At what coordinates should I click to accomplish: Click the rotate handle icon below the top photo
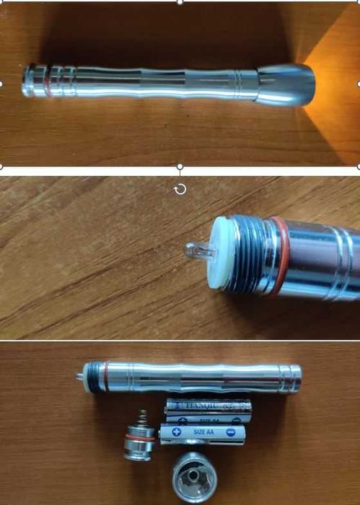click(180, 189)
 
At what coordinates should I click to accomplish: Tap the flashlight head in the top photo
click(286, 84)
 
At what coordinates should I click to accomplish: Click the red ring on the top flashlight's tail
click(48, 82)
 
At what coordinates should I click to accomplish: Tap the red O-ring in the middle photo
click(280, 256)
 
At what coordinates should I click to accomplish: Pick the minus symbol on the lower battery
click(230, 433)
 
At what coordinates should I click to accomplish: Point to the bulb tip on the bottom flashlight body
click(78, 375)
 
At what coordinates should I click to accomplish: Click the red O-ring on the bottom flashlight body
click(105, 377)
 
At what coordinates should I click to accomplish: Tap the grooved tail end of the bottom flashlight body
click(290, 378)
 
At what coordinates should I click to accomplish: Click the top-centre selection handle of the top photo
click(180, 2)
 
